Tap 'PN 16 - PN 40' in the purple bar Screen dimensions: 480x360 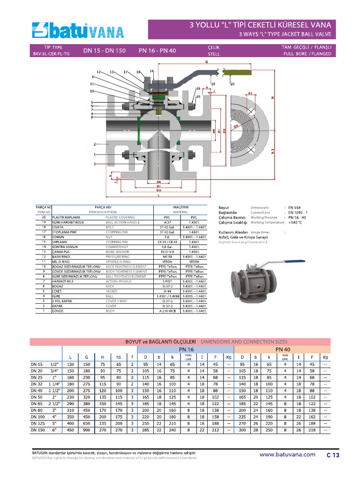pos(157,51)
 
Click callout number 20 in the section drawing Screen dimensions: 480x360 pos(232,84)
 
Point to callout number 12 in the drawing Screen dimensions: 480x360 pos(99,72)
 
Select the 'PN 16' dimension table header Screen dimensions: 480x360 pos(186,349)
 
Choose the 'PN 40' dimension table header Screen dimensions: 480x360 pos(282,349)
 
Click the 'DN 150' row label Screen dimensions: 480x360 pos(37,429)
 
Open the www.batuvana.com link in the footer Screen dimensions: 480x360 pos(287,454)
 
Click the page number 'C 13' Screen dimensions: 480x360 pos(333,455)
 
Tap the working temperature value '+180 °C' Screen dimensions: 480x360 pos(295,223)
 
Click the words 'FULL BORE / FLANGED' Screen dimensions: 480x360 pos(307,54)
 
